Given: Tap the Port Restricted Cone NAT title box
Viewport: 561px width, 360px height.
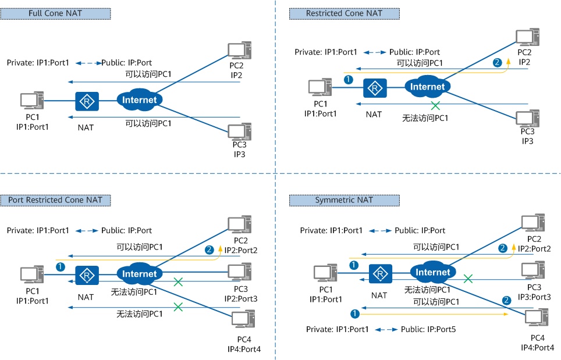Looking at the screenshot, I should (x=55, y=200).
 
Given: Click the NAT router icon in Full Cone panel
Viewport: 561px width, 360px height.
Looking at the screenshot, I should (x=87, y=101).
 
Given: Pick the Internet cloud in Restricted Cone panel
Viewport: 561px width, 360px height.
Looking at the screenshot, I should (x=428, y=87).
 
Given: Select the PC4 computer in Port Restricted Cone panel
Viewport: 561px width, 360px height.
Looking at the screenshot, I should (x=242, y=320).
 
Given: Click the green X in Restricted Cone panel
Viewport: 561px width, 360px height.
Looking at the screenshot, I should (x=435, y=106).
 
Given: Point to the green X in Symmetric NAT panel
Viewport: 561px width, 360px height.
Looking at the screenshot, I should (x=468, y=279).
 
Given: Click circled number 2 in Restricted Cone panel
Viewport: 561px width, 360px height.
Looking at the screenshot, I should (x=497, y=62).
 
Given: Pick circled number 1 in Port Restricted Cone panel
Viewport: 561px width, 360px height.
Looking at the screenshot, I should (x=60, y=267).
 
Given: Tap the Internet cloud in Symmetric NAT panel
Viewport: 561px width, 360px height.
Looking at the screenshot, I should (x=433, y=272).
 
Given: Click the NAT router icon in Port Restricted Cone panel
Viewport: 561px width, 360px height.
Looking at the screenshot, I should (x=87, y=275).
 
